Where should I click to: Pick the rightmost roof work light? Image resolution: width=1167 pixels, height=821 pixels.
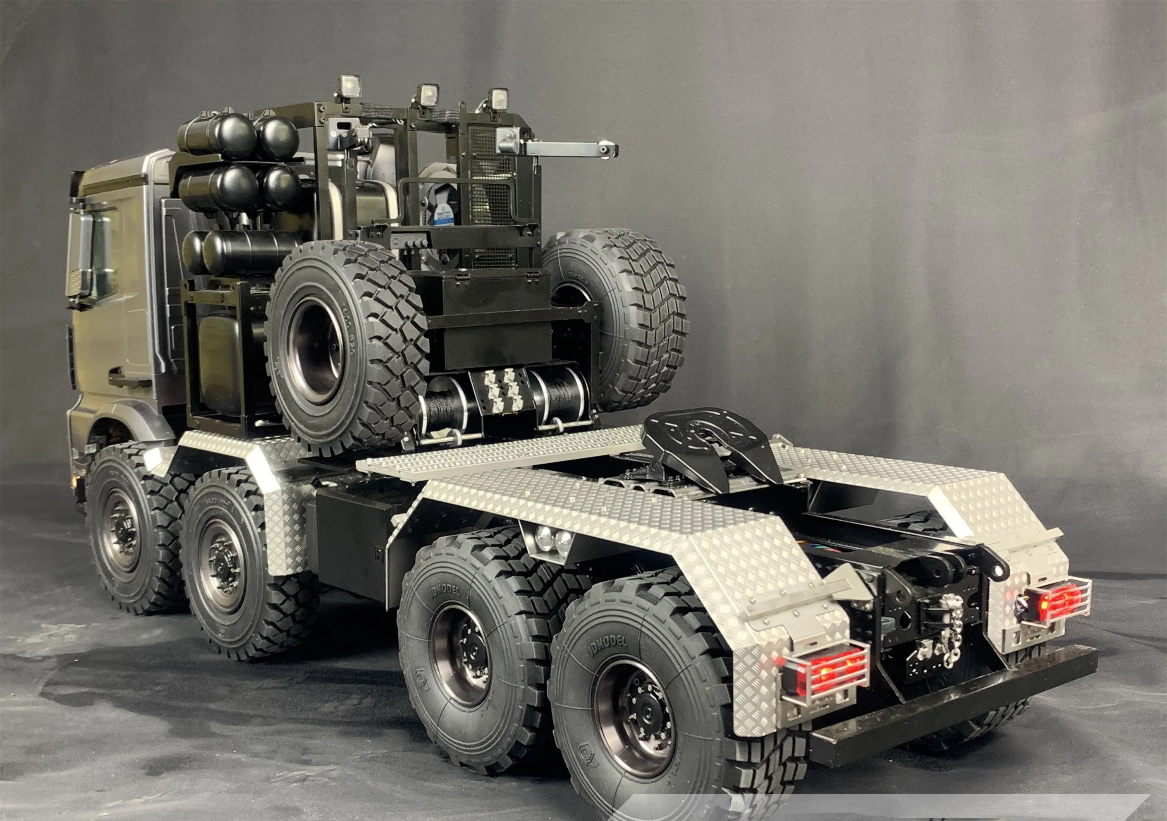[x=500, y=100]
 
